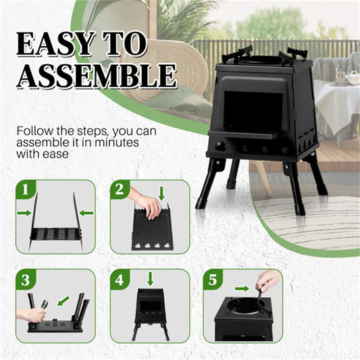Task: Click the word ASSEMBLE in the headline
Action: tap(95, 76)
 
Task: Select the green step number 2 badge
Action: tap(120, 190)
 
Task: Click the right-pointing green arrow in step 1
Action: tap(24, 213)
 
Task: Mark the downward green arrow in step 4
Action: tap(150, 278)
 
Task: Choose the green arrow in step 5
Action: tap(240, 288)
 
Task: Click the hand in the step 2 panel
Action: tap(145, 203)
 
